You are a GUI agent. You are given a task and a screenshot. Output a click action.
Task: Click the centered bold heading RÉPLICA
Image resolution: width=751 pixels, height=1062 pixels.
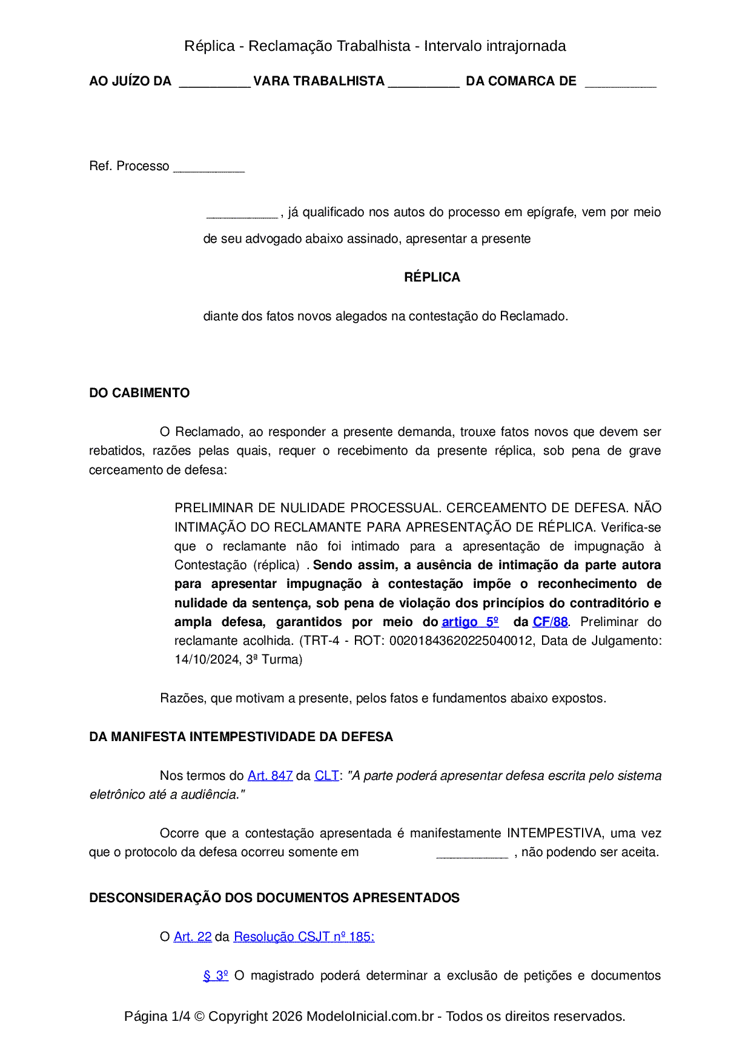432,277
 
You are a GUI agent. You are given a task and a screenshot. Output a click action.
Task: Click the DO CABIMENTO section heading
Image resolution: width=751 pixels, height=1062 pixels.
139,393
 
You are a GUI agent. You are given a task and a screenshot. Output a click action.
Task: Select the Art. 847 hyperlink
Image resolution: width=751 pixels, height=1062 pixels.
270,776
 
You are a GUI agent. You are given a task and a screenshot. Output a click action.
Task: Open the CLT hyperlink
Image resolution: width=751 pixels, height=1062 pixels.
326,776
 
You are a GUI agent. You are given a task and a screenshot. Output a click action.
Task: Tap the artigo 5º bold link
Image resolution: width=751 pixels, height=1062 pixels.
470,622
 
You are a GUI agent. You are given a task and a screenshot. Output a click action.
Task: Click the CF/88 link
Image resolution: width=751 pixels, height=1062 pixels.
550,622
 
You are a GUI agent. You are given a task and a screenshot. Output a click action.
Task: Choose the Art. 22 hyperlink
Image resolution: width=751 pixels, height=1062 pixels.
193,937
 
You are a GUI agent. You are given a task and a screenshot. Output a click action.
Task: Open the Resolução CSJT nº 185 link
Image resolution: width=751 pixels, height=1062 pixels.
304,937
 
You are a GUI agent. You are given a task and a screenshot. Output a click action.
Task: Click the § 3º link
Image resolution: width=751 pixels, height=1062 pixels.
216,975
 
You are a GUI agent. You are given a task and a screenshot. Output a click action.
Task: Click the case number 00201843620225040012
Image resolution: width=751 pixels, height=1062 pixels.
461,641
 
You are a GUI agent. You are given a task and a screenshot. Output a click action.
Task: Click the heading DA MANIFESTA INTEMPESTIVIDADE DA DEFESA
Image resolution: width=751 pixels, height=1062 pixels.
241,737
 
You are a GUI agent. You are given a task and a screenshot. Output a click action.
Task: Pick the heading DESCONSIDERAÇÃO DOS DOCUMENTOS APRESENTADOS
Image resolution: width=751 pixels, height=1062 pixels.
274,898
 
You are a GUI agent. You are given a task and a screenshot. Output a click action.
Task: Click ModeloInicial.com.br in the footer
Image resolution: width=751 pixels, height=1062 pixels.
370,1016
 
